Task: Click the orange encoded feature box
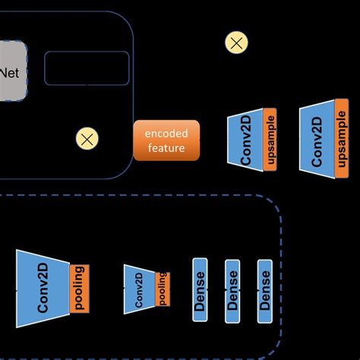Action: [166, 140]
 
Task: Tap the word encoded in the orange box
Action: [166, 133]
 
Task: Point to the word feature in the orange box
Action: [166, 147]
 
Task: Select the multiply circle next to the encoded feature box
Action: [87, 138]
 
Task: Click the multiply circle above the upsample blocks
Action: [236, 43]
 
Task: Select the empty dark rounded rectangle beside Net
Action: [87, 68]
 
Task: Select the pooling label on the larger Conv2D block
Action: [80, 288]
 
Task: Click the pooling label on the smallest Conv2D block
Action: [162, 289]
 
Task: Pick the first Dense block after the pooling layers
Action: [201, 291]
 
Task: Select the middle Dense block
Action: [232, 291]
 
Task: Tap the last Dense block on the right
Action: [264, 291]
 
